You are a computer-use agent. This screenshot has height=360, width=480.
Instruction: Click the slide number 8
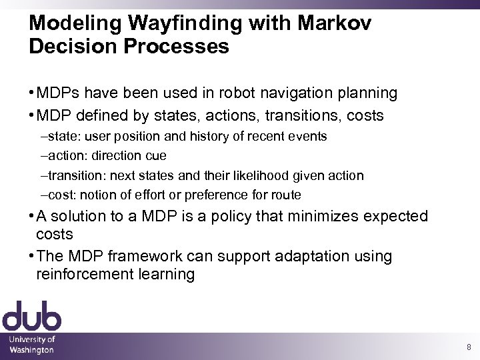coord(469,347)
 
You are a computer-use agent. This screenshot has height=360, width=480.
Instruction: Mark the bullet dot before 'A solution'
coord(32,217)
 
